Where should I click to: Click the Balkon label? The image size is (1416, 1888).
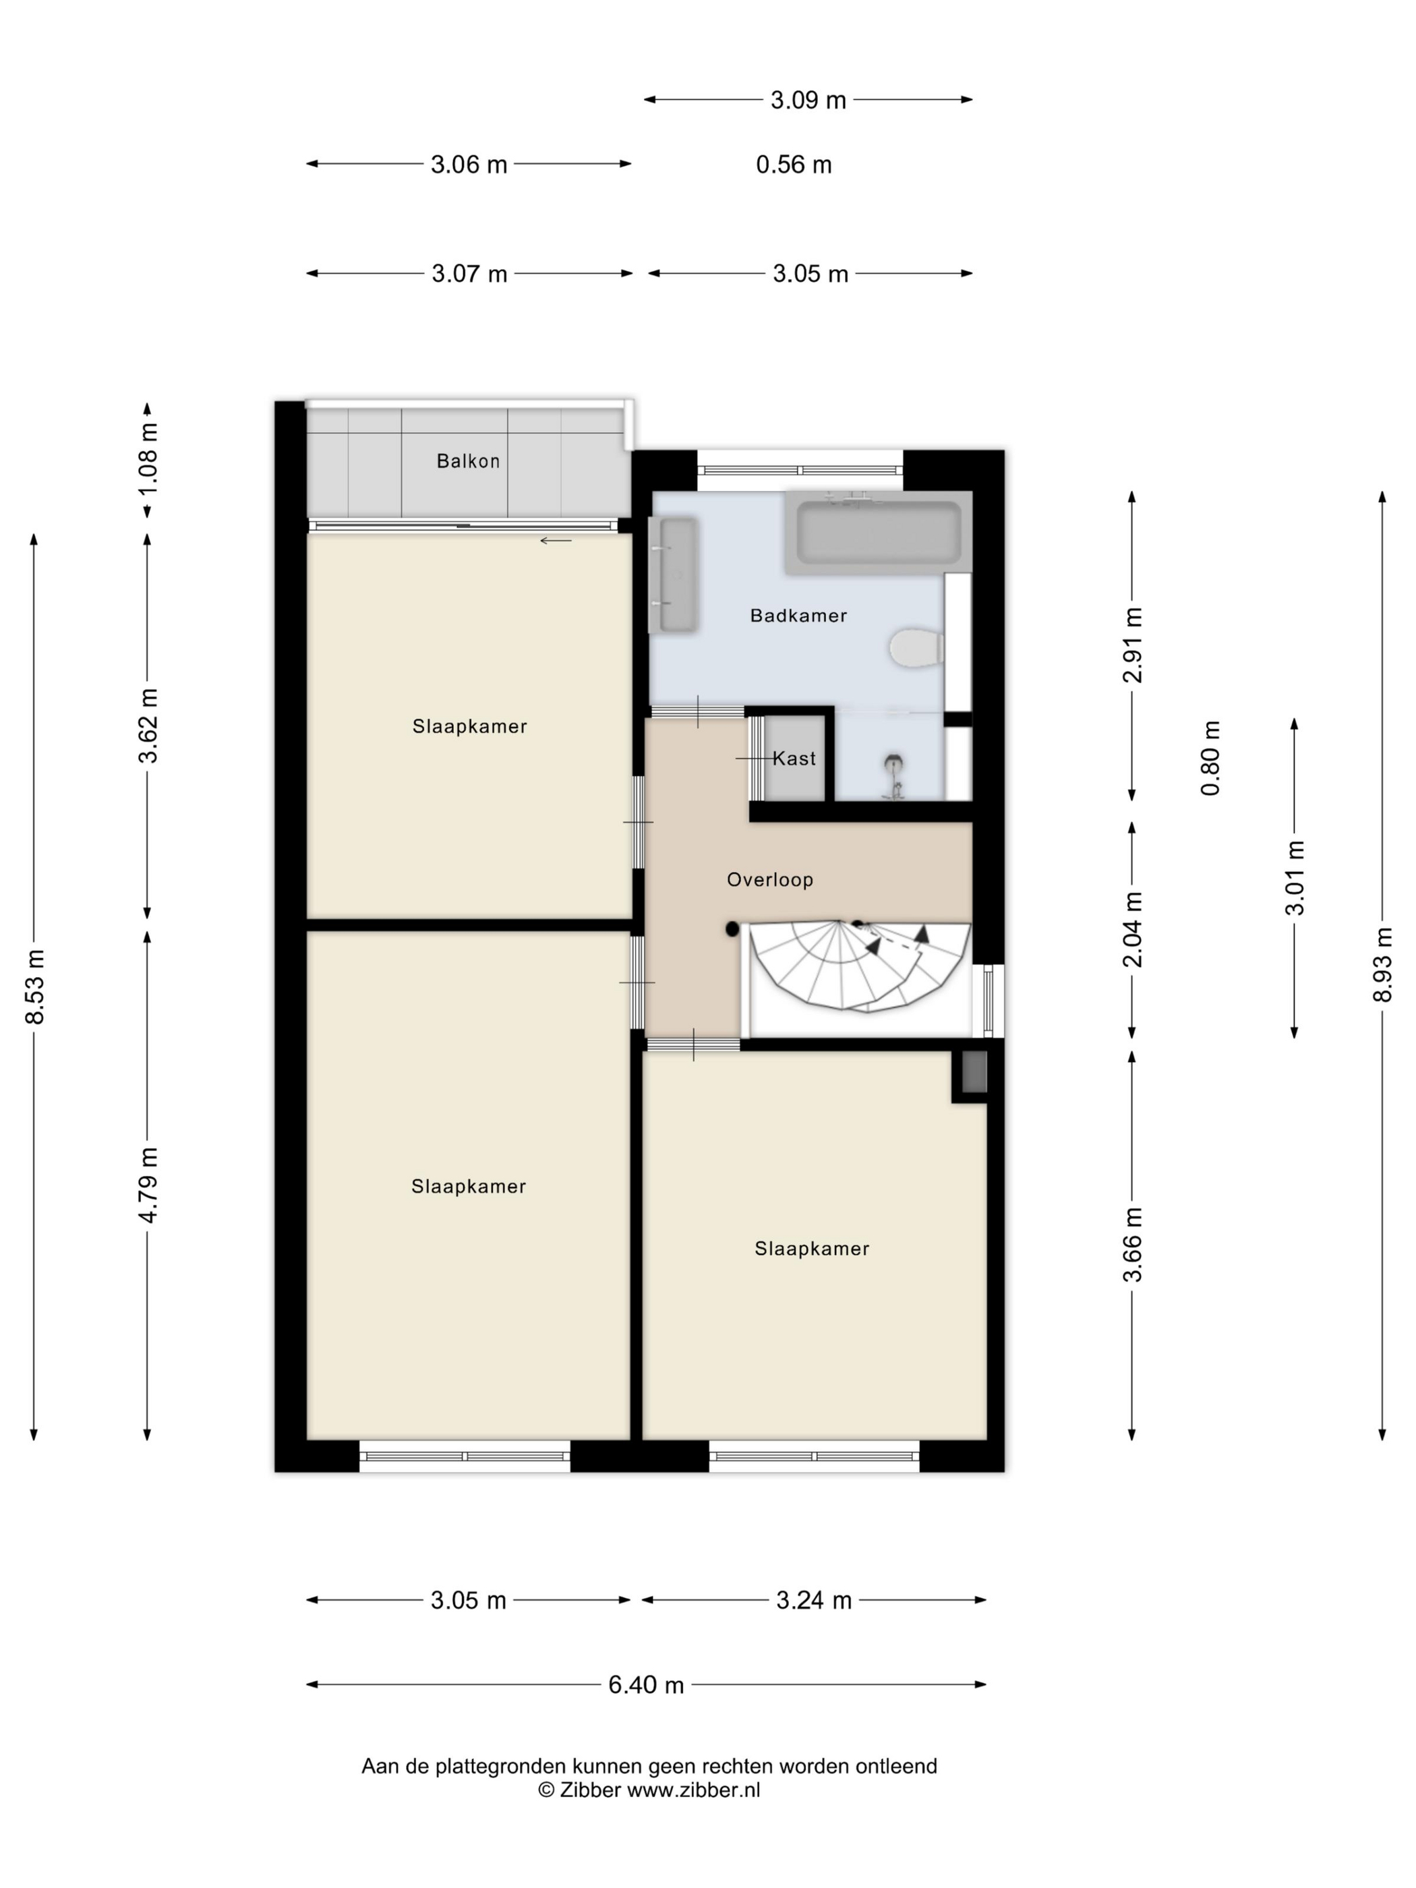[468, 461]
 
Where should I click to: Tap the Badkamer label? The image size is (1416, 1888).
[798, 616]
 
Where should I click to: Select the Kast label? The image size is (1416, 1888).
[794, 758]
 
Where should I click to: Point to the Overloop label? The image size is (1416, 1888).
[770, 879]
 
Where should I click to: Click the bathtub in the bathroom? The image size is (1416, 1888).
[879, 533]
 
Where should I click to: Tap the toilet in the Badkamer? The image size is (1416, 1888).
[916, 649]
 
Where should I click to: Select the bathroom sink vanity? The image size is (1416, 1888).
[674, 574]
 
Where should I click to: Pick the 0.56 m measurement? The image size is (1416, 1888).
[794, 165]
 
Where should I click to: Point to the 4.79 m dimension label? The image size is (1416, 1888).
[148, 1185]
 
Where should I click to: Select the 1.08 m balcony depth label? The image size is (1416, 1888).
[148, 459]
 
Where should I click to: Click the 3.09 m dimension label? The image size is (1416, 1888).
[808, 100]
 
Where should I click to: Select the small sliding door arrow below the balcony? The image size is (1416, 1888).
[556, 540]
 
